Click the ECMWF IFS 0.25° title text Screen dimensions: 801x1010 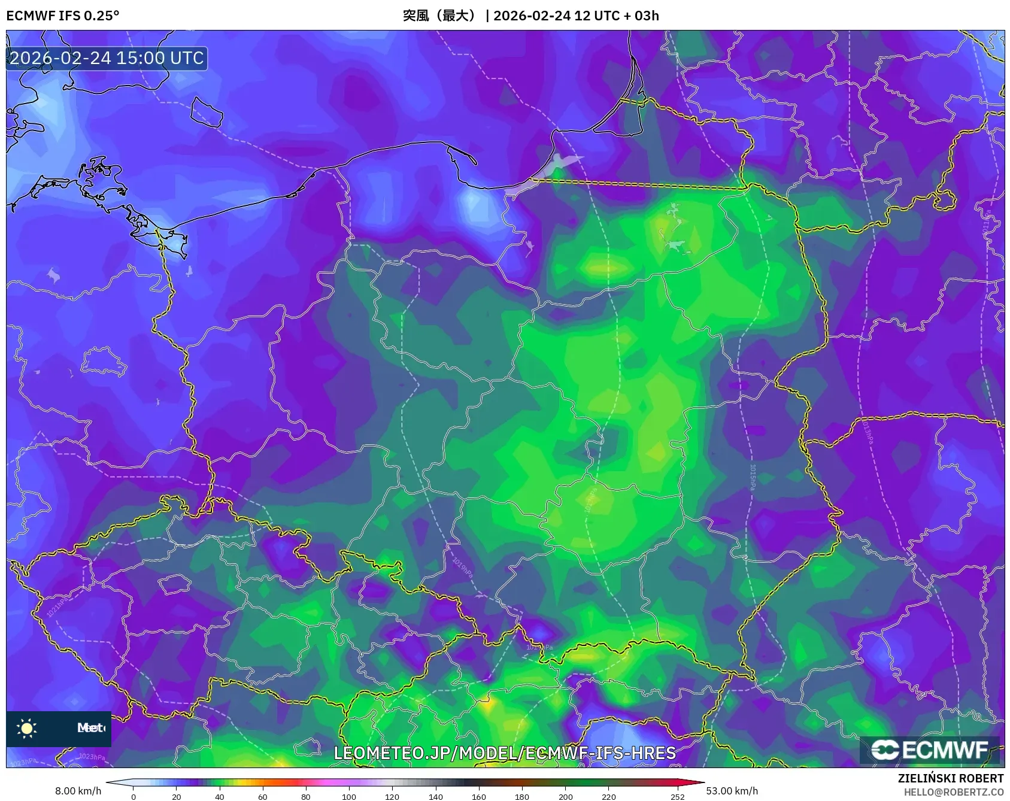coord(62,16)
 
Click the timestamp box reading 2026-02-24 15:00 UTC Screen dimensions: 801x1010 coord(107,58)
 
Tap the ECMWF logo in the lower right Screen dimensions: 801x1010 coord(930,750)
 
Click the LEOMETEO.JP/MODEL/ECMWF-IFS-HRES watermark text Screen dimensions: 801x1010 coord(505,753)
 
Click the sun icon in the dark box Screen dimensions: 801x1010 coord(27,728)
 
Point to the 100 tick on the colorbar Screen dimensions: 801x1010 coord(349,796)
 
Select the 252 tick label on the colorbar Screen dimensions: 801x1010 coord(677,796)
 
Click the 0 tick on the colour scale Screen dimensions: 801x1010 coord(134,796)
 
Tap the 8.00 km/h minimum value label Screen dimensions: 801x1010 coord(78,791)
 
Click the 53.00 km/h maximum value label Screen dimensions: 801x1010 coord(732,791)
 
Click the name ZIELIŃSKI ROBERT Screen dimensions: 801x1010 coord(950,778)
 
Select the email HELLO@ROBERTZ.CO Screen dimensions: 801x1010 coord(953,792)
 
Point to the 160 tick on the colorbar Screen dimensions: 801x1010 coord(478,796)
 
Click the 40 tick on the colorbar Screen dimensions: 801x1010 coord(220,796)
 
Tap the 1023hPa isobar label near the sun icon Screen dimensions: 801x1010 coord(92,757)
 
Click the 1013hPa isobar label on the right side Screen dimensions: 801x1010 coord(868,431)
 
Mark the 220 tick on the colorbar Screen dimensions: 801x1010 coord(608,796)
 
